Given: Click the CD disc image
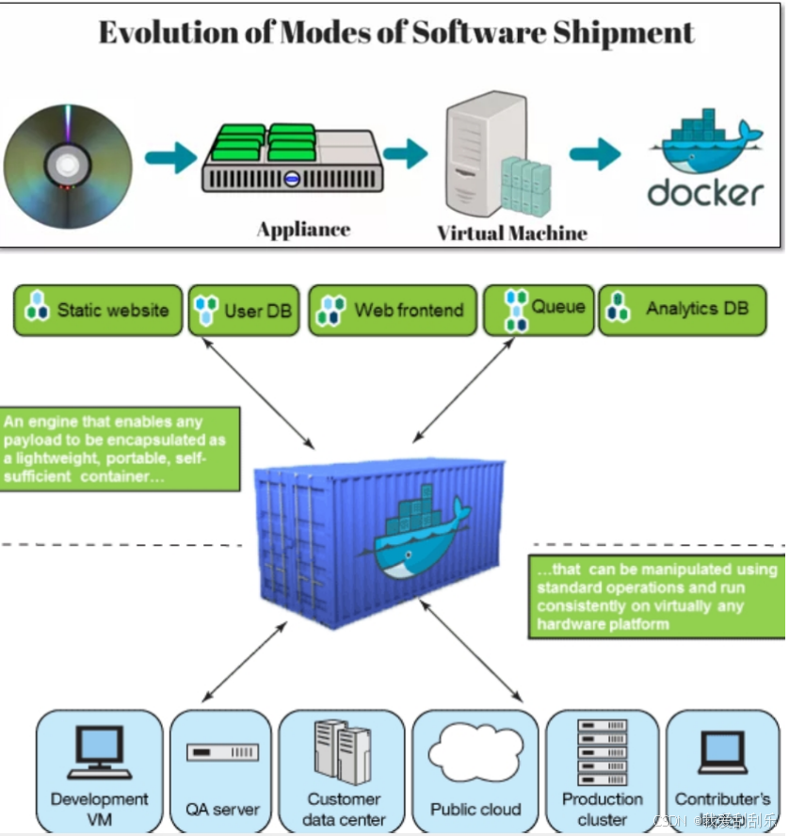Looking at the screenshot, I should click(66, 164).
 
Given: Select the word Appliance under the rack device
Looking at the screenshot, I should click(303, 229).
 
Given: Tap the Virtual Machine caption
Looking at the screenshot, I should click(511, 233).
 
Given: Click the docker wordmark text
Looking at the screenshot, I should click(705, 193).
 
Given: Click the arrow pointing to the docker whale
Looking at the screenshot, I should click(595, 153).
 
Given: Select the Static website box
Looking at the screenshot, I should click(98, 310).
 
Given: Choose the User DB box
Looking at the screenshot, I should click(244, 310).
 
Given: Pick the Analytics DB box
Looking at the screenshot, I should click(683, 310).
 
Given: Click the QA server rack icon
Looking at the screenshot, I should click(222, 753).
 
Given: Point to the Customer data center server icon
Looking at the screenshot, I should click(342, 751).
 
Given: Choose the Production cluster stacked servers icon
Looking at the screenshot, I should click(603, 751).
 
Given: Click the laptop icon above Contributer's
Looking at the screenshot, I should click(722, 753).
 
